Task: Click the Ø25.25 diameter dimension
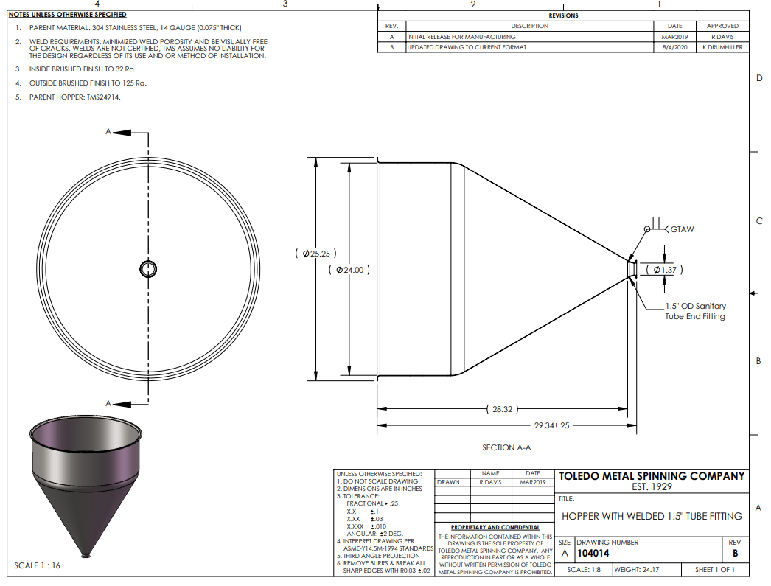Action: click(315, 254)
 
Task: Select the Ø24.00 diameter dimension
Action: click(349, 270)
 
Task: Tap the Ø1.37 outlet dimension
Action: click(664, 270)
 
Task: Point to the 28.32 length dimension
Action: click(502, 409)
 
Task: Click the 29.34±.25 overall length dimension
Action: click(551, 425)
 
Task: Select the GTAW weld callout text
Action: click(682, 229)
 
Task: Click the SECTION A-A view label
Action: click(506, 448)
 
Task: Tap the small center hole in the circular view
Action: click(148, 269)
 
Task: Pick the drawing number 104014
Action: click(593, 554)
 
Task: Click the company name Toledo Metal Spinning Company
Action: click(652, 476)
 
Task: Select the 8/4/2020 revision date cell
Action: click(674, 48)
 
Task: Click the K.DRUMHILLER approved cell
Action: click(722, 48)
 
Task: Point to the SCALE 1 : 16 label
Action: click(37, 565)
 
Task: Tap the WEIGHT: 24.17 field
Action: click(637, 570)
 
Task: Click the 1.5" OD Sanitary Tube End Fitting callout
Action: click(695, 311)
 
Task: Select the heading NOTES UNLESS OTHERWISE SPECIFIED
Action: click(67, 15)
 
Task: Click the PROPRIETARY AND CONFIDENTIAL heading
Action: click(495, 528)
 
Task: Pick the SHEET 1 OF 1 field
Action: click(714, 570)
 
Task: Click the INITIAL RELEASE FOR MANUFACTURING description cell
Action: click(461, 37)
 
